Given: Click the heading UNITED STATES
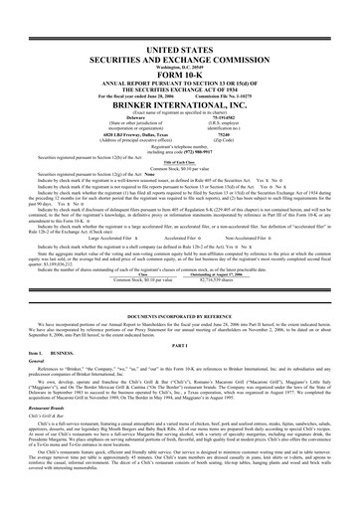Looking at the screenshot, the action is tap(180, 47).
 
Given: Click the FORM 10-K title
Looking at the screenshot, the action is tap(180, 74).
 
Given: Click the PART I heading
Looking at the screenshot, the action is tap(180, 318).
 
